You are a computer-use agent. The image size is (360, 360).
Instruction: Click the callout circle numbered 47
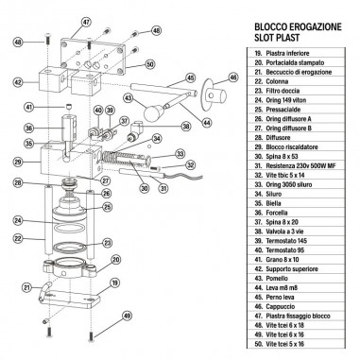(86, 21)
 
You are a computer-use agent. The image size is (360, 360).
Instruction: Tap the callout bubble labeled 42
(19, 83)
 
